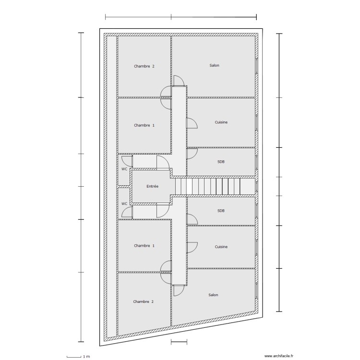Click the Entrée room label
tap(152, 186)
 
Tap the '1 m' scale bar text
tap(86, 357)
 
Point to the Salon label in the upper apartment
tap(214, 65)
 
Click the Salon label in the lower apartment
tap(213, 295)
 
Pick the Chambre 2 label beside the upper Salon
tap(144, 66)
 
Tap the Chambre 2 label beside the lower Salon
tap(144, 301)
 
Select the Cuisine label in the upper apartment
tap(221, 122)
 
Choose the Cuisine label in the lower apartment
tap(221, 247)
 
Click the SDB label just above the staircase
tap(221, 162)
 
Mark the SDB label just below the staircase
tap(221, 211)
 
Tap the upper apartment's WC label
tap(124, 169)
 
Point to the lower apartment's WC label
tap(124, 204)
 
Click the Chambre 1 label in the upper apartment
tap(144, 125)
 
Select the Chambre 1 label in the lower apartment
tap(144, 246)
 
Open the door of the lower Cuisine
tap(192, 247)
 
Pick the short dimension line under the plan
tap(179, 342)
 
